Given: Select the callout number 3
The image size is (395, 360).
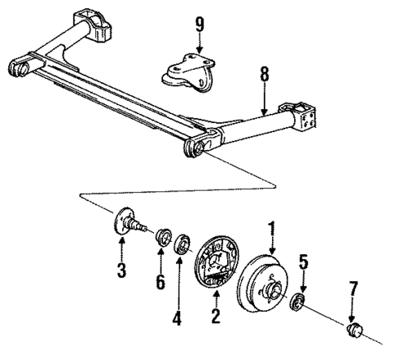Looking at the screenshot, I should tap(121, 270).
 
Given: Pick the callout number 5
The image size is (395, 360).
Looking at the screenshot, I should tap(302, 263).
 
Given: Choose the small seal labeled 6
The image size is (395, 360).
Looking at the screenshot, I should tap(162, 237).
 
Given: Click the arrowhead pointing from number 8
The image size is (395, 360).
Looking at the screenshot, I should tap(262, 111).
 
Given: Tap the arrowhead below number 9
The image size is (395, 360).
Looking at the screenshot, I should tap(198, 51).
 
